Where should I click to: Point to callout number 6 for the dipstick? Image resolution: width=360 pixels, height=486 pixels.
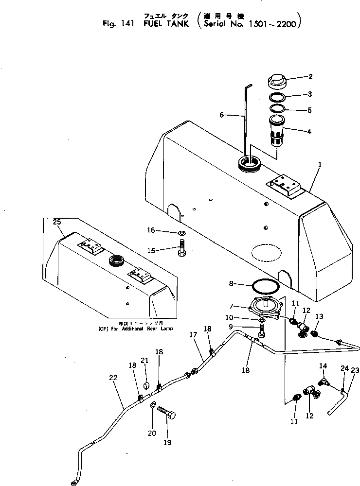pyautogui.click(x=222, y=115)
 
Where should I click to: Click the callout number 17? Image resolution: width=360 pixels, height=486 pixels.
pyautogui.click(x=193, y=335)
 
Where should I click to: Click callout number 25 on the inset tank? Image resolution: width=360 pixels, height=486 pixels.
pyautogui.click(x=57, y=222)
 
